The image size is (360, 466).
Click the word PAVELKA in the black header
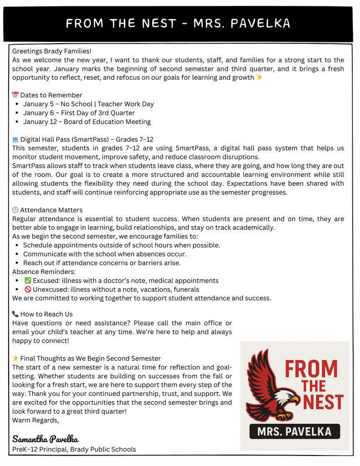coord(260,23)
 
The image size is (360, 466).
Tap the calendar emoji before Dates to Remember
coord(15,95)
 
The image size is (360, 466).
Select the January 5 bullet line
coord(88,104)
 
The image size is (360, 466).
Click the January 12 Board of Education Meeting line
coord(86,122)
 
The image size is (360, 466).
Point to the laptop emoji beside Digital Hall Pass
coord(15,139)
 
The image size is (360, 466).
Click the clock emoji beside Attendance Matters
coord(15,210)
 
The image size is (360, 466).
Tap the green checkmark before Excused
coord(27,280)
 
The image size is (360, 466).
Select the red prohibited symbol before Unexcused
coord(27,289)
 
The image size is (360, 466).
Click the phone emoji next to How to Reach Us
coord(15,314)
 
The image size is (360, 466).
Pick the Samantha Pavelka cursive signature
coord(45,439)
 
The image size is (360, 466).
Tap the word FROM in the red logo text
coord(311,369)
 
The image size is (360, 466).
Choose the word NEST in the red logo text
coord(323,403)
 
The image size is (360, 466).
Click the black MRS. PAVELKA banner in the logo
coord(294,431)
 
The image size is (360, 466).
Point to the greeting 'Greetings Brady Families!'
coord(52,51)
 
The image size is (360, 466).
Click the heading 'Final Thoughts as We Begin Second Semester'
coord(90,359)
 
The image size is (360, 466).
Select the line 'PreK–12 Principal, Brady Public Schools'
coord(74,449)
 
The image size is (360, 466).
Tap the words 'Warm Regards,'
coord(35,420)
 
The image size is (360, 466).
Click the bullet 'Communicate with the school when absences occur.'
coord(105,254)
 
